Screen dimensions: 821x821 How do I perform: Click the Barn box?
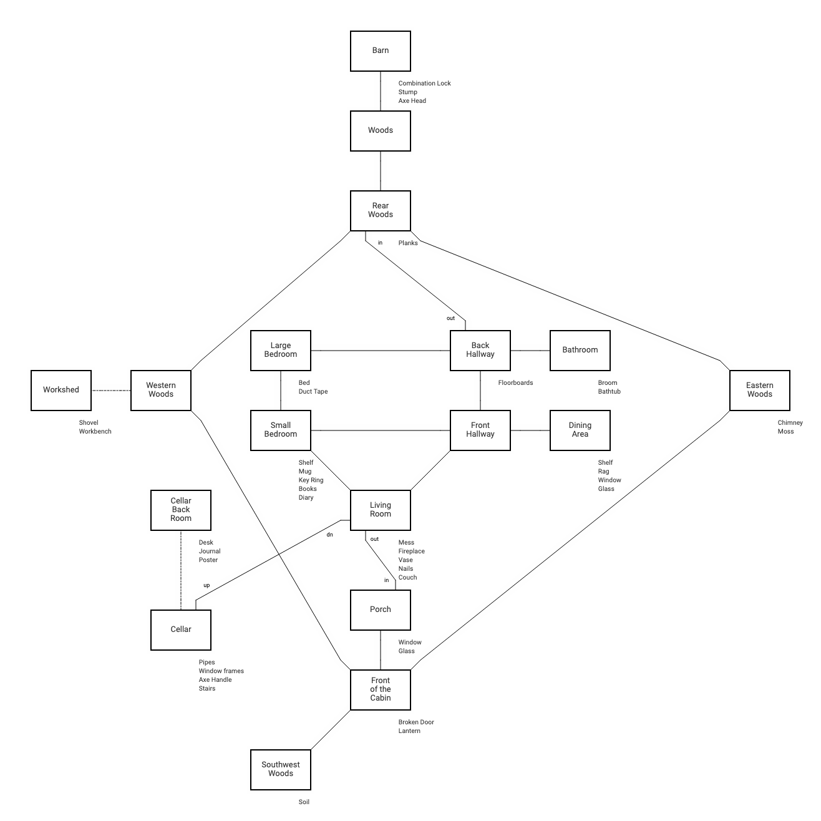[381, 51]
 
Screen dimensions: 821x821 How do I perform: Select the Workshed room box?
[61, 391]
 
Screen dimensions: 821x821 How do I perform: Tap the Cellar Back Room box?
[181, 510]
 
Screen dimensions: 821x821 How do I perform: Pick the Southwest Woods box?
[281, 770]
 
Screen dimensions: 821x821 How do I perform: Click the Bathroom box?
[580, 351]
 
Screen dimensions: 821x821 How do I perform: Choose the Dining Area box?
[580, 430]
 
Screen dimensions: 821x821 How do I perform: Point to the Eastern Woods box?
[760, 391]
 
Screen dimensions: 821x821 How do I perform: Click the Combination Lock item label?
[424, 84]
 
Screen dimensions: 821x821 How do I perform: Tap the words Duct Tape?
[313, 392]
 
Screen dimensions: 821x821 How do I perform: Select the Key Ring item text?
[311, 480]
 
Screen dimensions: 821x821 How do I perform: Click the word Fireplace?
[412, 551]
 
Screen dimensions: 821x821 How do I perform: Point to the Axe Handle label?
[215, 680]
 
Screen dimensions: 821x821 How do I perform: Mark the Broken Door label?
[416, 722]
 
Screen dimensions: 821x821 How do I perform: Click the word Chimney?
[790, 423]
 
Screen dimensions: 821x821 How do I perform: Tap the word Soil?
[304, 802]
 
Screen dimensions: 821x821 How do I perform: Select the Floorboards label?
[515, 383]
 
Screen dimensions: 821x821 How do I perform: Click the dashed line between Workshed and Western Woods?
[111, 391]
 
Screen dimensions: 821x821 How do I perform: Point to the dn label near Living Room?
[330, 535]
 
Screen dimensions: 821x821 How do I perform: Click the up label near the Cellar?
[206, 586]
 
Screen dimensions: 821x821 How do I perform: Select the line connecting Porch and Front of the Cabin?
[381, 650]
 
